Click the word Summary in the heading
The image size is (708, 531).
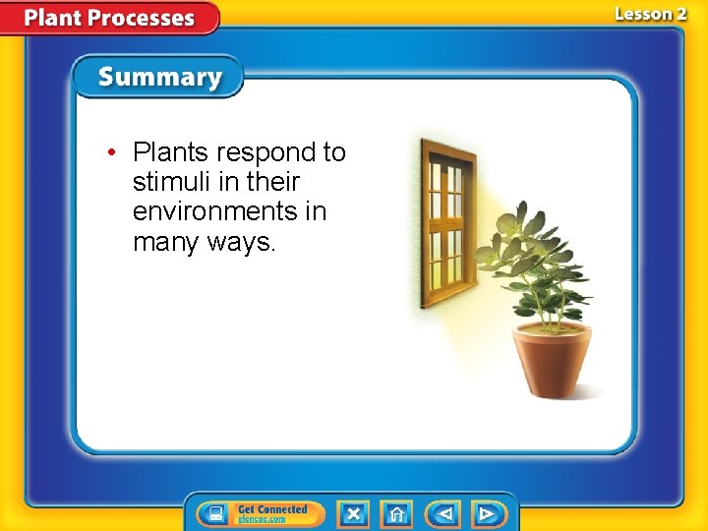(159, 78)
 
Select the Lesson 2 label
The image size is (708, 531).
(650, 14)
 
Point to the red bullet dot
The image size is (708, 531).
(114, 153)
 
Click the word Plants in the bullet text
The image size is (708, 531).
(171, 152)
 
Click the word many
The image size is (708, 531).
(166, 241)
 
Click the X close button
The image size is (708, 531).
(353, 513)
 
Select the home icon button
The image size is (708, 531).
(396, 513)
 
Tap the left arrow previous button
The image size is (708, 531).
(444, 513)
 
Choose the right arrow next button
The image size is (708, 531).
(487, 513)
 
